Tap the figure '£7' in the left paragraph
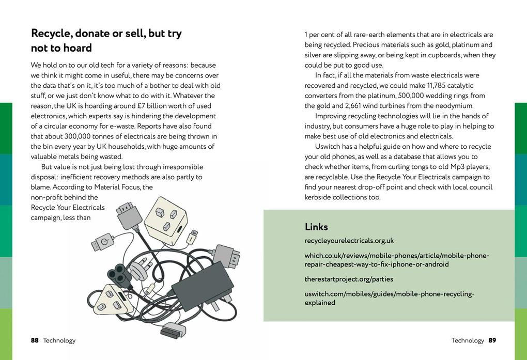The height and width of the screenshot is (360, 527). tap(137, 106)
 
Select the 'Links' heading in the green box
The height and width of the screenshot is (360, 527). tap(316, 227)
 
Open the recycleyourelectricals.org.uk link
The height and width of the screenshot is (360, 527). tap(349, 241)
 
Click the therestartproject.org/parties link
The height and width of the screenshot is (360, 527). tap(349, 279)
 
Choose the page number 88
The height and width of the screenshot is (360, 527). tap(35, 340)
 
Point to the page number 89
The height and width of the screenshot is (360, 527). tap(492, 340)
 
